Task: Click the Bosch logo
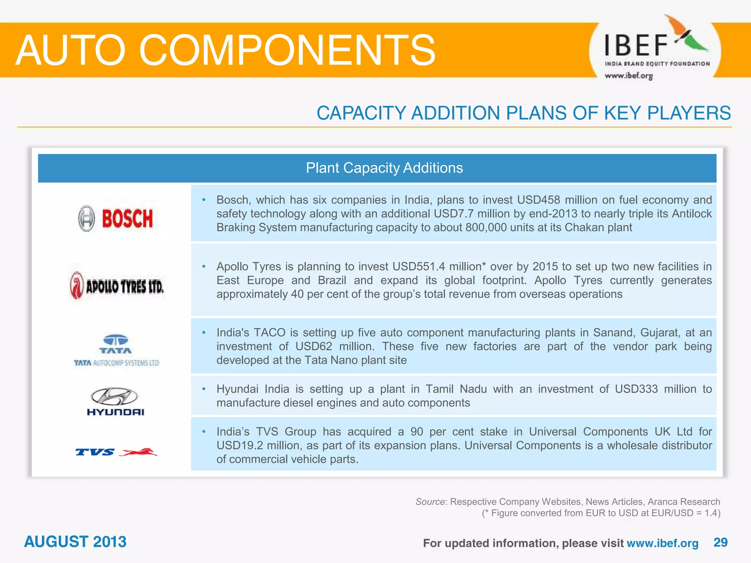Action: click(x=115, y=218)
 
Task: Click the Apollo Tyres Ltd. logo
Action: click(x=117, y=286)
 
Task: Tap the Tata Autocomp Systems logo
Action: click(x=116, y=350)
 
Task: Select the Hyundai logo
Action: click(x=115, y=402)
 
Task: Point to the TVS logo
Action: click(x=116, y=452)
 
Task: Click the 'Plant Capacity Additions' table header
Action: click(x=384, y=168)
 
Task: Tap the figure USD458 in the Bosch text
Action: click(x=538, y=200)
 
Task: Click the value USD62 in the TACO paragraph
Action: click(x=314, y=346)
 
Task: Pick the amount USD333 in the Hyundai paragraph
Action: click(x=636, y=389)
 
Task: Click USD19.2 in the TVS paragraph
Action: click(x=240, y=445)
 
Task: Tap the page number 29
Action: click(x=720, y=542)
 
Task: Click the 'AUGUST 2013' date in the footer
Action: click(x=75, y=542)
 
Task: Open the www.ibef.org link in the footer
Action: click(x=662, y=543)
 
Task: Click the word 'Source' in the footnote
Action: click(x=430, y=501)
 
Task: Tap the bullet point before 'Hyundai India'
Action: click(x=204, y=389)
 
